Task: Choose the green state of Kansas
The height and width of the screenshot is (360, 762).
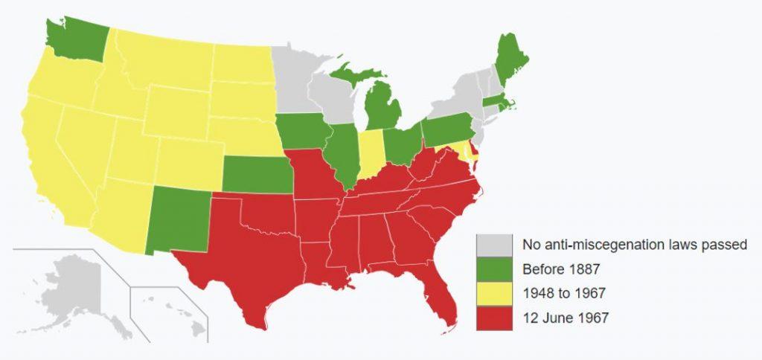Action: pos(257,175)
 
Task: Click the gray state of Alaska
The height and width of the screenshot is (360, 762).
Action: pos(74,290)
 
